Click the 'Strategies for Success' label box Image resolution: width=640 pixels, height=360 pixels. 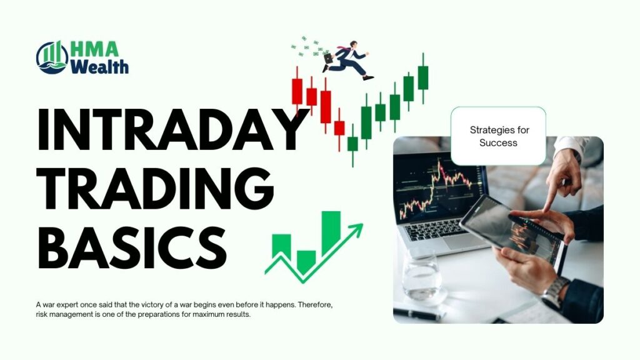(x=498, y=136)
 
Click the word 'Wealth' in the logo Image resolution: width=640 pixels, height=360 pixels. (x=99, y=66)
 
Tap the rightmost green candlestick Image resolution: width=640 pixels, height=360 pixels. (x=423, y=77)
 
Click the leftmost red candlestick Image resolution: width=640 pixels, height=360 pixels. (x=297, y=91)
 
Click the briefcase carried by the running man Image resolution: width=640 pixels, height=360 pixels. (x=328, y=59)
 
